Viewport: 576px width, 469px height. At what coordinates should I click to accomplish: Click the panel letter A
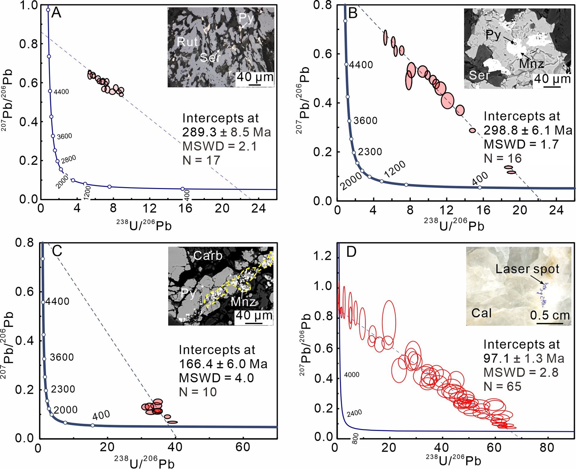[x=56, y=13]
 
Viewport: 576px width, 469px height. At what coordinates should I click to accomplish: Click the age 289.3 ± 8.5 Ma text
[x=226, y=132]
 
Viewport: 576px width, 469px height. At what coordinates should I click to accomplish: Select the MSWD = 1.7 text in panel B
[x=521, y=144]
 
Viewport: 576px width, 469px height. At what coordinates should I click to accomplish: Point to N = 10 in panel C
[x=198, y=392]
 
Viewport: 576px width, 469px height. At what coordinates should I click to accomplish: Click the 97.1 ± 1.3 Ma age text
[x=524, y=358]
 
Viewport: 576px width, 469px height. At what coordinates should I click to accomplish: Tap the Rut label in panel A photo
[x=187, y=42]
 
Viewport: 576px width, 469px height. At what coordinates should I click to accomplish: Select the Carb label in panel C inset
[x=208, y=255]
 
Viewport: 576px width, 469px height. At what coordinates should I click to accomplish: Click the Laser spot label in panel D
[x=527, y=269]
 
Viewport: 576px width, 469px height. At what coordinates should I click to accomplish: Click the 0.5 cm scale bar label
[x=550, y=315]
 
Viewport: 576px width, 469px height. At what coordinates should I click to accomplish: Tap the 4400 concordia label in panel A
[x=61, y=92]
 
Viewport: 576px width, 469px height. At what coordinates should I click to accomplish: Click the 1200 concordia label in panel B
[x=395, y=170]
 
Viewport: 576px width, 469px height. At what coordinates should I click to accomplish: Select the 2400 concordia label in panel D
[x=354, y=413]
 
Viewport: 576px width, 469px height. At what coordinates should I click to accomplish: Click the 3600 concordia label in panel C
[x=62, y=357]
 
